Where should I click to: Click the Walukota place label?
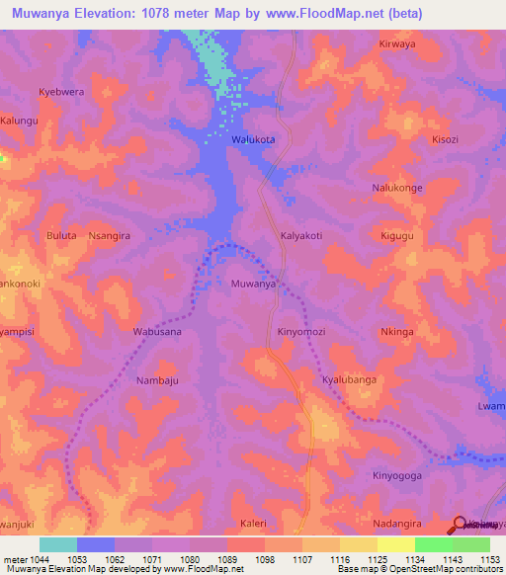click(252, 140)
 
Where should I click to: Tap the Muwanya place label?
click(252, 284)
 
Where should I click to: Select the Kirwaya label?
click(399, 44)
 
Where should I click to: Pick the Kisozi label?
click(445, 140)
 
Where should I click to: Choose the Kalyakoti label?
click(302, 236)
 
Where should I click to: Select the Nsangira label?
click(110, 236)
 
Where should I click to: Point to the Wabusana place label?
click(157, 332)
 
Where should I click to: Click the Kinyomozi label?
click(302, 332)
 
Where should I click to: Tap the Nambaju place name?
click(157, 379)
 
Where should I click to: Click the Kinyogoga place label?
click(397, 475)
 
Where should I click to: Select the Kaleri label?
click(254, 523)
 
